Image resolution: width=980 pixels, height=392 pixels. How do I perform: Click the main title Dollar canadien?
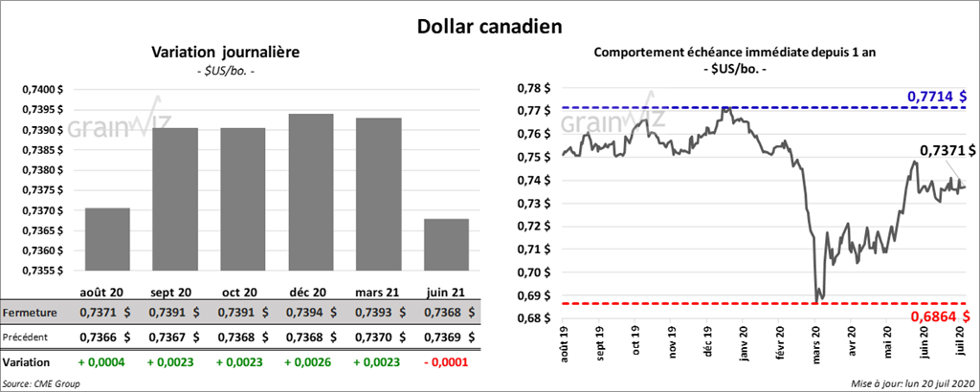pyautogui.click(x=490, y=25)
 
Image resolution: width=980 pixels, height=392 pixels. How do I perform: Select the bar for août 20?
pyautogui.click(x=107, y=239)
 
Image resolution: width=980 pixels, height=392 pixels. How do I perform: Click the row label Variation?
pyautogui.click(x=27, y=363)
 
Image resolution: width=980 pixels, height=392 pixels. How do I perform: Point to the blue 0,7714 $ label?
pyautogui.click(x=936, y=97)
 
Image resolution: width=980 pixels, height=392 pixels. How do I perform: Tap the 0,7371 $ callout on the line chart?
pyautogui.click(x=947, y=150)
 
